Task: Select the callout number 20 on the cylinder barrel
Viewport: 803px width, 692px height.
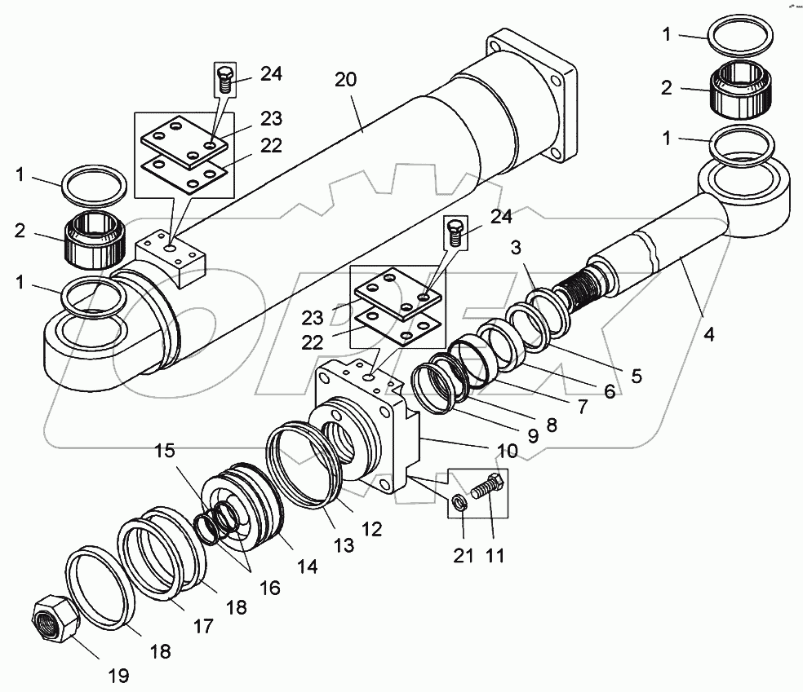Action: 346,81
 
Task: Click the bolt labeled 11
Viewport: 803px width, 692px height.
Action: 489,491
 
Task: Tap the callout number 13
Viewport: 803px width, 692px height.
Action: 344,545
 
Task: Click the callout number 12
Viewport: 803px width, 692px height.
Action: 371,529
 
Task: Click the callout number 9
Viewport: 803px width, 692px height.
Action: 532,436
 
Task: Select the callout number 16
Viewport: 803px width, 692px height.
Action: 268,587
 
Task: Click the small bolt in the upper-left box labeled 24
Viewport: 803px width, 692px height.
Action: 225,80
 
